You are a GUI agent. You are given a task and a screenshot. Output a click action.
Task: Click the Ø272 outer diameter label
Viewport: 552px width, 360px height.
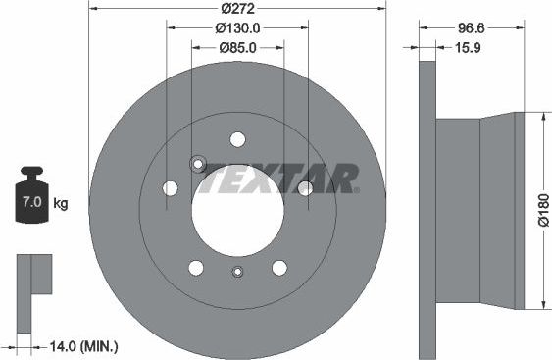237,8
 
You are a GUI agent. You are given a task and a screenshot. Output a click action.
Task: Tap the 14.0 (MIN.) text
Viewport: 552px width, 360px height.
83,345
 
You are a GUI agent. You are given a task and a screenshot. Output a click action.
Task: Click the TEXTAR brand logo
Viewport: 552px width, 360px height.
283,178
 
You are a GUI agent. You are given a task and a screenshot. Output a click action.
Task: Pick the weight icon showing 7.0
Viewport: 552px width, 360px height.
30,202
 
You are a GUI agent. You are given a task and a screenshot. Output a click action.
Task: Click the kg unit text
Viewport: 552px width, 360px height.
61,204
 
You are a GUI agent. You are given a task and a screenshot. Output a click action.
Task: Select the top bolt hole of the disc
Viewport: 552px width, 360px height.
237,138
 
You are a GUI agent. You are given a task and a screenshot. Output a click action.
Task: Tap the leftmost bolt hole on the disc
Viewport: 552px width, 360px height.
171,187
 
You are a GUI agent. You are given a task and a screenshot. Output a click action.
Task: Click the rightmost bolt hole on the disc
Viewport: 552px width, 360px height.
305,187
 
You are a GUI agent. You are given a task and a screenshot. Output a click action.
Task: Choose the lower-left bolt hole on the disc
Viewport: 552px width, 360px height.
196,267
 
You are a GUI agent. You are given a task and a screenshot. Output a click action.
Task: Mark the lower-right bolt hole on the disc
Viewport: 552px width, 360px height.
279,267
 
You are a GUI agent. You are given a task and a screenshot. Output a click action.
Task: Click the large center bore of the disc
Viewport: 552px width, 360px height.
237,208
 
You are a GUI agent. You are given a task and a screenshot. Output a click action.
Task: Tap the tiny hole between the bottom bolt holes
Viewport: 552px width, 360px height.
237,273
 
